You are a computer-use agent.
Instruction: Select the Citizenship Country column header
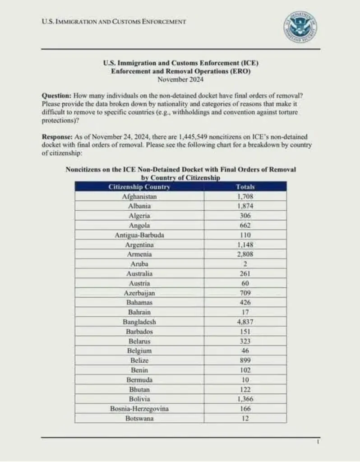click(x=139, y=187)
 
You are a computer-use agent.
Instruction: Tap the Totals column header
click(x=245, y=187)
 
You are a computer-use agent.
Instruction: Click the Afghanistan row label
click(x=139, y=197)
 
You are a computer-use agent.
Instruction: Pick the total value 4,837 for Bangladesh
click(x=245, y=322)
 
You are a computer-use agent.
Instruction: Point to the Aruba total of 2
click(x=245, y=264)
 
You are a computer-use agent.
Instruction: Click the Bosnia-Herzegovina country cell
click(x=139, y=409)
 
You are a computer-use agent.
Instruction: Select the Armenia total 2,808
click(x=245, y=254)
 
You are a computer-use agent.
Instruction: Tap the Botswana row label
click(x=139, y=418)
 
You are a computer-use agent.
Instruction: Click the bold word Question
click(x=56, y=96)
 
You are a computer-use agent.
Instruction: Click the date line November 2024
click(x=180, y=79)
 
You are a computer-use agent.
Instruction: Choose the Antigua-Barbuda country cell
click(x=139, y=235)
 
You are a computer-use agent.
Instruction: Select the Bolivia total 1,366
click(x=245, y=399)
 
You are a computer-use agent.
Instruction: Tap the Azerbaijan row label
click(x=139, y=293)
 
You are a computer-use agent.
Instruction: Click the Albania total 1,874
click(x=245, y=206)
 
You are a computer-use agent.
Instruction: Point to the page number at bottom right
click(x=318, y=443)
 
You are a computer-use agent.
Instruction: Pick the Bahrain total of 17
click(x=245, y=312)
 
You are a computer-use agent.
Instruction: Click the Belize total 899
click(x=245, y=360)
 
